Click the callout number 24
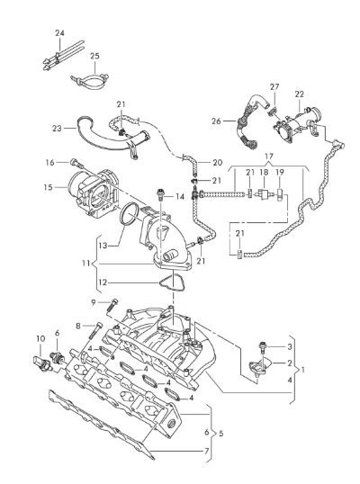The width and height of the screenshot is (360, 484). [x=60, y=33]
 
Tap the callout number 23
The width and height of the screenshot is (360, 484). [x=57, y=128]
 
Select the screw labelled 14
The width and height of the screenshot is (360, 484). [x=160, y=193]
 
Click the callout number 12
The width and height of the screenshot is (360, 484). [x=103, y=282]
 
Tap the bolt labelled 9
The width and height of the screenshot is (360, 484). [x=112, y=305]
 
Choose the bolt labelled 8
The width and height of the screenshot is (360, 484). [x=94, y=330]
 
